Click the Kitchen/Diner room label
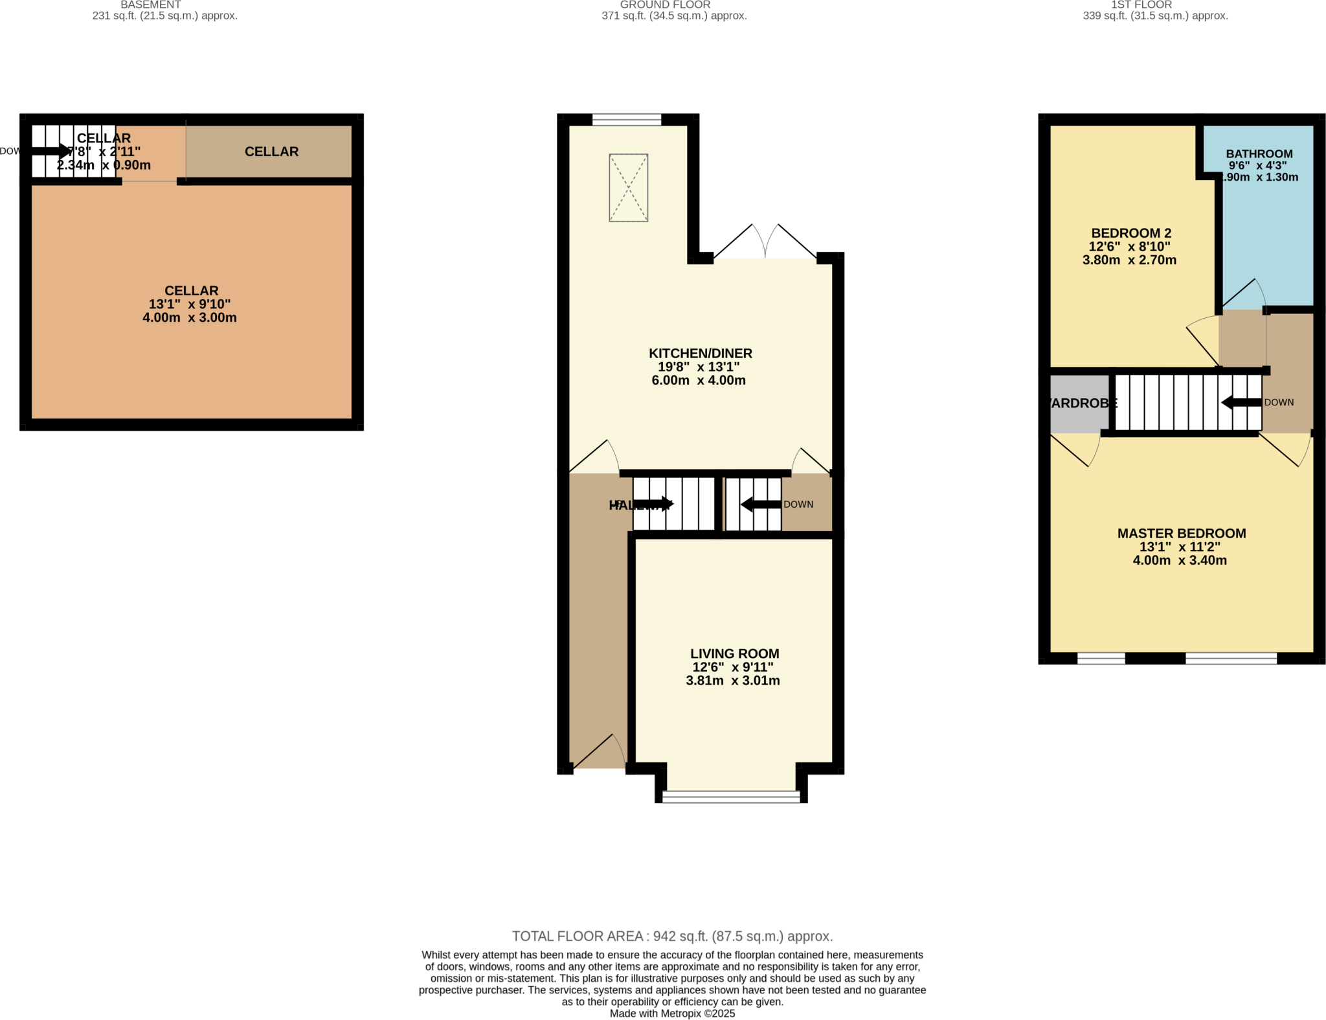click(x=700, y=354)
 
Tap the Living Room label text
click(x=734, y=654)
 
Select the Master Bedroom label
click(x=1181, y=534)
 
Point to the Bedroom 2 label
click(x=1130, y=233)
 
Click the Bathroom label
click(x=1259, y=154)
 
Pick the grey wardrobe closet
click(x=1077, y=403)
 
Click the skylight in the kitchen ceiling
click(x=628, y=188)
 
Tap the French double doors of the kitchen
click(x=765, y=244)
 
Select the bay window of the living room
click(x=731, y=797)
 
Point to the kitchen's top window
click(x=626, y=119)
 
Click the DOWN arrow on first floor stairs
click(x=1241, y=402)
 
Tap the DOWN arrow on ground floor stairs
click(x=761, y=504)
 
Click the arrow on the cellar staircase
click(x=50, y=151)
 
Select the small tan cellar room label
click(x=271, y=152)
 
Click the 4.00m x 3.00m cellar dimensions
click(x=189, y=318)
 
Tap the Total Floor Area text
click(x=671, y=936)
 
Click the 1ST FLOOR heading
click(x=1141, y=5)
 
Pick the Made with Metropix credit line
click(x=671, y=1014)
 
